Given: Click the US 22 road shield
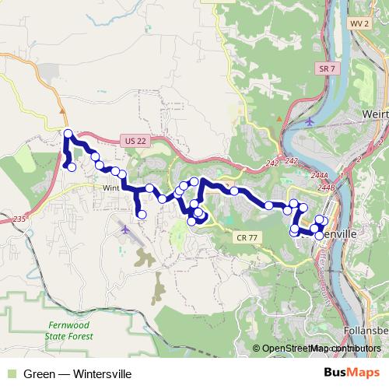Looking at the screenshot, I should pyautogui.click(x=134, y=141).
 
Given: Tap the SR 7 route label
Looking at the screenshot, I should pyautogui.click(x=327, y=70).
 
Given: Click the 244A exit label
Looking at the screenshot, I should pyautogui.click(x=327, y=177).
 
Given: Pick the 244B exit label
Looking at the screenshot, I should pyautogui.click(x=326, y=187).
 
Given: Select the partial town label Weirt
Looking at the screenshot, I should pyautogui.click(x=375, y=114).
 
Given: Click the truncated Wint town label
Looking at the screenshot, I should pyautogui.click(x=110, y=188).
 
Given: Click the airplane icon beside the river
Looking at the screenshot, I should pyautogui.click(x=311, y=121).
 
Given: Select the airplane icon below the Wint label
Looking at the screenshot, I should pyautogui.click(x=126, y=229).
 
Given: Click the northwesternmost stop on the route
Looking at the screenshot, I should pyautogui.click(x=68, y=133).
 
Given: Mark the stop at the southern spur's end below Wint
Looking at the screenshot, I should pyautogui.click(x=142, y=214).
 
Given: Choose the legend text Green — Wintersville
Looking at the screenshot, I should pyautogui.click(x=77, y=374).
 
